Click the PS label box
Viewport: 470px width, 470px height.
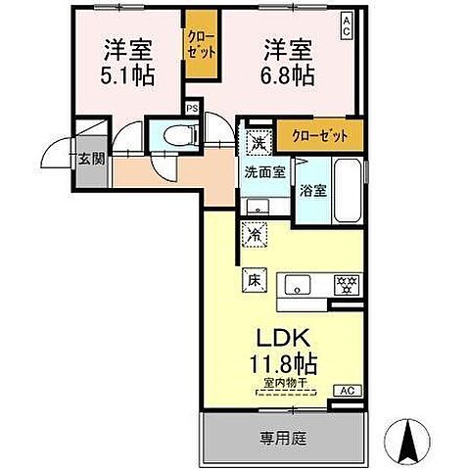tap(192, 109)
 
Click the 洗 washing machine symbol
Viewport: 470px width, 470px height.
tap(257, 143)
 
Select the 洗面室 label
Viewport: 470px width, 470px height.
tap(264, 172)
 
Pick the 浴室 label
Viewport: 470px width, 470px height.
tap(313, 190)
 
